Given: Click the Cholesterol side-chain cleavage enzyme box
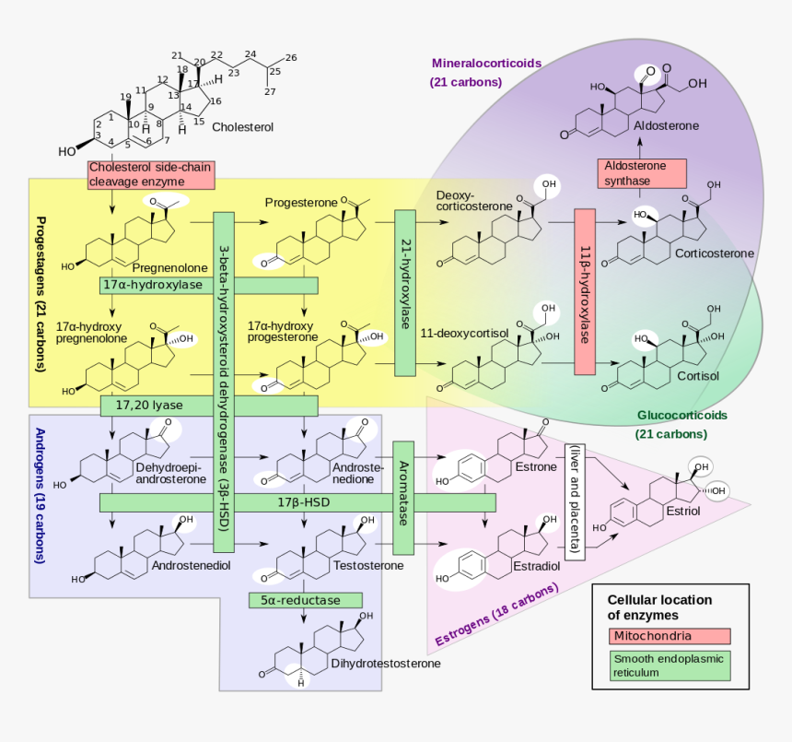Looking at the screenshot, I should pos(151,174).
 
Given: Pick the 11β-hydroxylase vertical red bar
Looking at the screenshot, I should pos(585,292).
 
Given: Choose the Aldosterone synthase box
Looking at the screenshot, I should pos(641,173).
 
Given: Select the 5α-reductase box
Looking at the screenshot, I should pos(299,600).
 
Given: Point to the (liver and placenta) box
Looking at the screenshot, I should pos(575,501).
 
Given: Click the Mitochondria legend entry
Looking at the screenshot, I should pos(670,636).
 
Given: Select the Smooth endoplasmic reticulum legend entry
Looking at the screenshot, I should pos(670,665).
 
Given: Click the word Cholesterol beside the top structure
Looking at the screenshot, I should pos(242,127).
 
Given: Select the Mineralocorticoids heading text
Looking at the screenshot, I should pos(486,64).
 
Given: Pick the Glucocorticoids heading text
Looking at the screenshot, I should pos(681,416).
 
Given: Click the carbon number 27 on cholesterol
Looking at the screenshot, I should pos(270,92).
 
